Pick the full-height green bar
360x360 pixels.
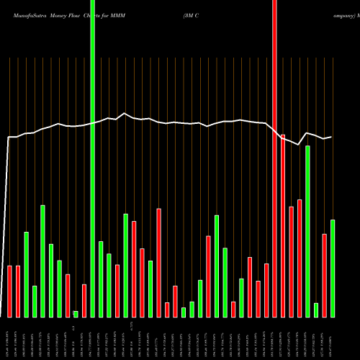(x=92, y=158)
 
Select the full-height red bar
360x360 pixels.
(x=274, y=158)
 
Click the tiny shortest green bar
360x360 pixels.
(x=76, y=314)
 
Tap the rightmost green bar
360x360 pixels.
(x=333, y=268)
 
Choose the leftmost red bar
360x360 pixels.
(x=10, y=291)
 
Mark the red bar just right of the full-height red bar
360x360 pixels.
(x=283, y=225)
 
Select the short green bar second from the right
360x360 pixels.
(x=316, y=310)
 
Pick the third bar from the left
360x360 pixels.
(x=27, y=274)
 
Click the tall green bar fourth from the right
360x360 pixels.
(x=307, y=231)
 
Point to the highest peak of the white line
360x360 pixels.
(x=125, y=113)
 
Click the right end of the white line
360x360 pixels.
(x=332, y=137)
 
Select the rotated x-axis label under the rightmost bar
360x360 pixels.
(x=333, y=338)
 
